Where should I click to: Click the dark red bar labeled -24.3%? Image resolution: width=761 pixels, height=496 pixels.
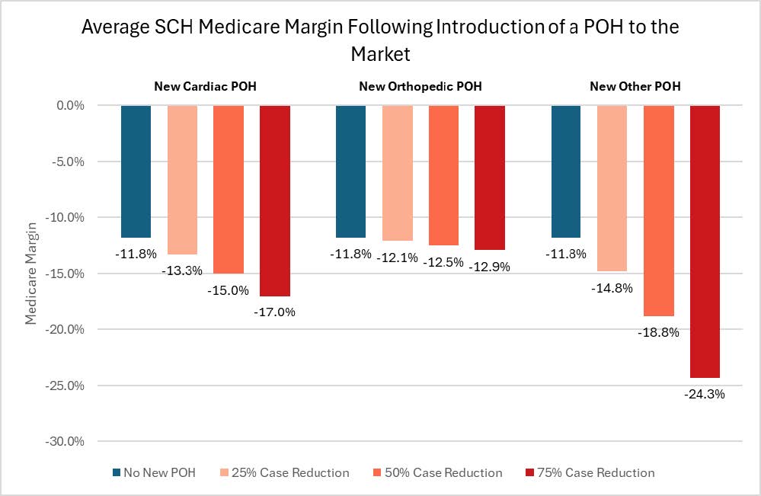click(705, 241)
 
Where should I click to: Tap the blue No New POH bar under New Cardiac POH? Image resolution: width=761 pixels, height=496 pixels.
click(136, 171)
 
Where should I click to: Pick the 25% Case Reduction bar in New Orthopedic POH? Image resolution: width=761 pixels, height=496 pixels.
click(397, 173)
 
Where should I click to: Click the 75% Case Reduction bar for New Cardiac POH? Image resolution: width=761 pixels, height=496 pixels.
click(275, 200)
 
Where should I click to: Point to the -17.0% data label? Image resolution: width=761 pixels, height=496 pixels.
click(275, 312)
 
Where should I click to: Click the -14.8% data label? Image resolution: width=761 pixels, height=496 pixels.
click(611, 288)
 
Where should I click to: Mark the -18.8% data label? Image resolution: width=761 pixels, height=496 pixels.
click(659, 332)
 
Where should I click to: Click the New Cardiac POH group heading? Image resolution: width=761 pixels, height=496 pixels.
click(205, 86)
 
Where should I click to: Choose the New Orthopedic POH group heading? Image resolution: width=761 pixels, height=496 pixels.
click(420, 86)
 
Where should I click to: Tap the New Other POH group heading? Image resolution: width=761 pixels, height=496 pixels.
click(635, 86)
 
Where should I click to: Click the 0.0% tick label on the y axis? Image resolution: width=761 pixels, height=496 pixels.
click(69, 105)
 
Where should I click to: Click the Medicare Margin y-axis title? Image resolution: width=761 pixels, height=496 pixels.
click(31, 273)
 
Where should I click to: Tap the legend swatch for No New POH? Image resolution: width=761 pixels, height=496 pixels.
click(116, 473)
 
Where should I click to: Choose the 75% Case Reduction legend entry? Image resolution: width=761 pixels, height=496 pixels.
click(590, 473)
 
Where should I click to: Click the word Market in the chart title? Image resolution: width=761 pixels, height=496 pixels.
click(380, 54)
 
